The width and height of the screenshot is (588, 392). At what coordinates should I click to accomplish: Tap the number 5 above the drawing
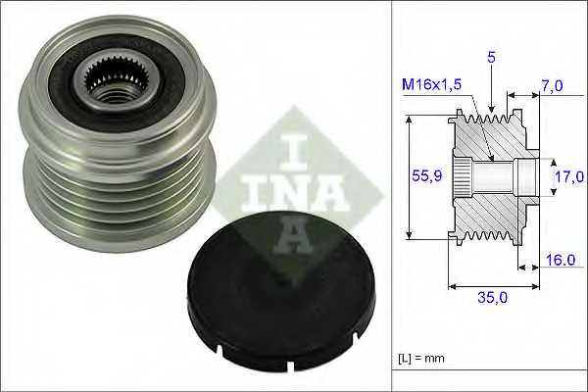tap(491, 58)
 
